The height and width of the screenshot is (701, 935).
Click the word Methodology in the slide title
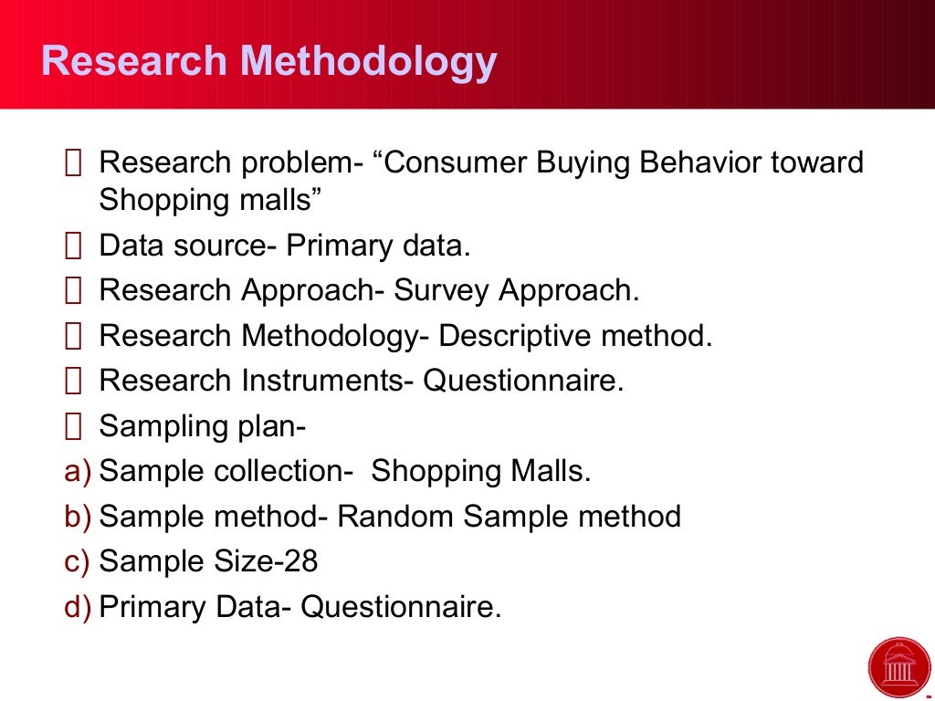(369, 62)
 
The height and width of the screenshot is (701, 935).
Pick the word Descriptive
(516, 336)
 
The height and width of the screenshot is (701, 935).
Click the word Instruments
(322, 381)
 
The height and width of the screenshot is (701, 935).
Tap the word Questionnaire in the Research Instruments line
(522, 381)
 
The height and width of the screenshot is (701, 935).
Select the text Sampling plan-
(202, 426)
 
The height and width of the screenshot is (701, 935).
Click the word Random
(396, 517)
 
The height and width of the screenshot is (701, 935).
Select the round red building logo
(899, 667)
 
